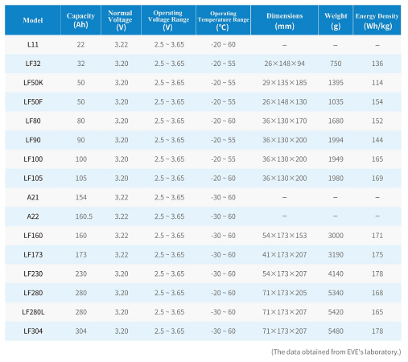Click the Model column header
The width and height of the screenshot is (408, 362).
pos(33,20)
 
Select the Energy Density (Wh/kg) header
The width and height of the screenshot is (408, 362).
pos(377,21)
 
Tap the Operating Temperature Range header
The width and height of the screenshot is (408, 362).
pos(223,20)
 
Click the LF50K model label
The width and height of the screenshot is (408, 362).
pos(33,83)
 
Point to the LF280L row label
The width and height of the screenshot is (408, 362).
pos(33,312)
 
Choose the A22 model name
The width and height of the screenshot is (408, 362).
pos(33,216)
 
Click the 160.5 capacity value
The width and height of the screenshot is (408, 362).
pos(84,216)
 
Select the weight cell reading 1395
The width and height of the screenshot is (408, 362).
pos(336,83)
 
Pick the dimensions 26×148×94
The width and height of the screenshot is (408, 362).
pos(284,64)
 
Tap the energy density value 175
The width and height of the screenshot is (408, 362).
pos(377,254)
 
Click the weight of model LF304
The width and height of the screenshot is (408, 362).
pos(336,331)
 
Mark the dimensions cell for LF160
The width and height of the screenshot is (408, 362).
pos(284,236)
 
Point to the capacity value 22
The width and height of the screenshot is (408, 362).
pos(80,44)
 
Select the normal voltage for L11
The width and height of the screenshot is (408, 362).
pos(122,44)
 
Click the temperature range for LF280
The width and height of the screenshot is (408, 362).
pos(223,293)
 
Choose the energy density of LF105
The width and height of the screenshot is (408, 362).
pos(377,178)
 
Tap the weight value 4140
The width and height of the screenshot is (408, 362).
pos(336,274)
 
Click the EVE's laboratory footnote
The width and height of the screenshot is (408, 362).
pos(336,352)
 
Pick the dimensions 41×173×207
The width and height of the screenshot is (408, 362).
pos(284,254)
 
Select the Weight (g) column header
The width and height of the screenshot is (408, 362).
pos(336,21)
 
